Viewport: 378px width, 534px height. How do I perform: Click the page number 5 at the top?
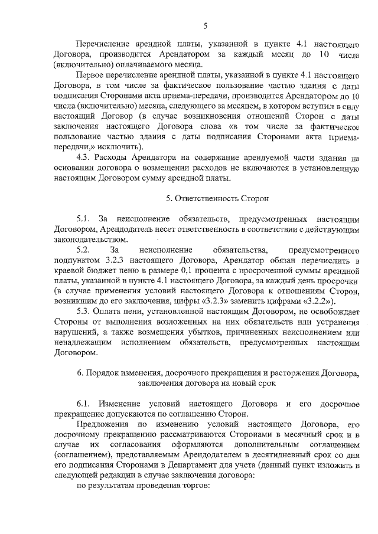(205, 25)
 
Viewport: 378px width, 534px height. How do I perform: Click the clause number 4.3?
(86, 158)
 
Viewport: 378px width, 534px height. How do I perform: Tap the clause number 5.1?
(86, 219)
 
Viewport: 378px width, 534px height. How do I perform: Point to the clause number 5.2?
(85, 250)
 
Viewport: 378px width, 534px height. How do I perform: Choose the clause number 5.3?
(86, 312)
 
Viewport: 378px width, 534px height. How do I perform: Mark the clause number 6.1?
(86, 404)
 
